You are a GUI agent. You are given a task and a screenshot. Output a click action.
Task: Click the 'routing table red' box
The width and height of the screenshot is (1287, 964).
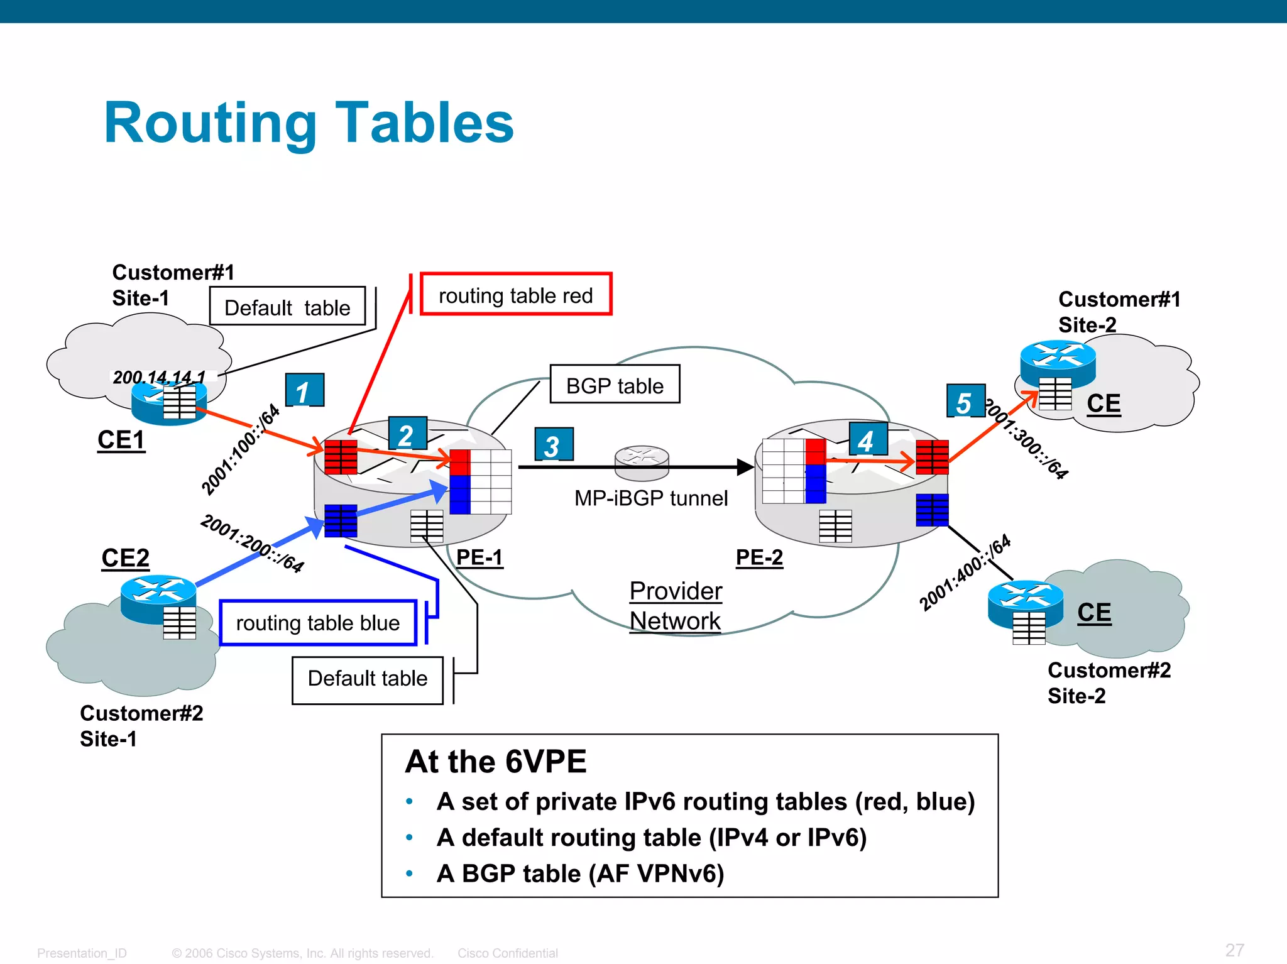coord(515,294)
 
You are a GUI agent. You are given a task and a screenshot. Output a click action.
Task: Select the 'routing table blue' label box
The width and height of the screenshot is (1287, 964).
coord(318,623)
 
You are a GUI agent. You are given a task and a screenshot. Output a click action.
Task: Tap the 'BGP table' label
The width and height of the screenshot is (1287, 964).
coord(615,385)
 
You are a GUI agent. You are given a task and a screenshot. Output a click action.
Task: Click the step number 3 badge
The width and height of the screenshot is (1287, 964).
coord(553,445)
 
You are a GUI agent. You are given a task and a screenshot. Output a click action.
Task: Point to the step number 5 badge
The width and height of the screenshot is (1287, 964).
coord(965,401)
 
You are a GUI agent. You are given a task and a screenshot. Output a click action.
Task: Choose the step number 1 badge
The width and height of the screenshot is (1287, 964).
coord(304,390)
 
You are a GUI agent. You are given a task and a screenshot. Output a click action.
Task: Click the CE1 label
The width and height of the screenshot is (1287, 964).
coord(121,439)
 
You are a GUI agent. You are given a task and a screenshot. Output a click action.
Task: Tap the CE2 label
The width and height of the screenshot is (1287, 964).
coord(125,557)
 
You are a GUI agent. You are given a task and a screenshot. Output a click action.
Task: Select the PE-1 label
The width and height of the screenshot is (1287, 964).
coord(479,557)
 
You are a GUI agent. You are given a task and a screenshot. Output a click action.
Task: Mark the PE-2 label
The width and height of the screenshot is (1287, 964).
coord(759,557)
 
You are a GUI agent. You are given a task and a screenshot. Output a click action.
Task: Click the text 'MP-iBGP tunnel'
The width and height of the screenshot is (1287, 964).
coord(650,498)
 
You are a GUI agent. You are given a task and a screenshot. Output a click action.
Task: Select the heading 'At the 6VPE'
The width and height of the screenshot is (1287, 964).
coord(496,761)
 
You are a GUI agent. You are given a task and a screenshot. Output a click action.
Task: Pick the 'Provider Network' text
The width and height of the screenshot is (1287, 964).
coord(676,605)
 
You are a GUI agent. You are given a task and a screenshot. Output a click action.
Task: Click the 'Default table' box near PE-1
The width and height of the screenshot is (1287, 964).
coord(368,679)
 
